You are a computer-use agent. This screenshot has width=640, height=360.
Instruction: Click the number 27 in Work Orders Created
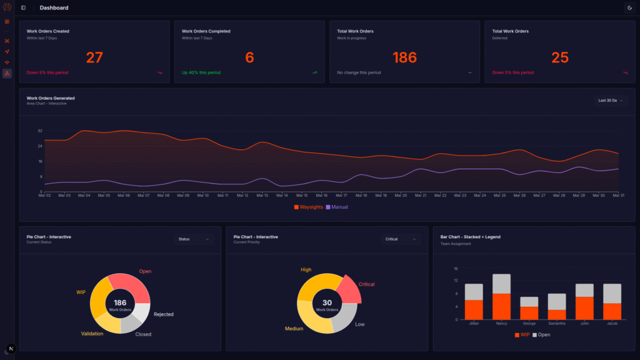coord(94,57)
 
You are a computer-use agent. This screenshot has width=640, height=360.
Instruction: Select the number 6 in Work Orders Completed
coord(249,57)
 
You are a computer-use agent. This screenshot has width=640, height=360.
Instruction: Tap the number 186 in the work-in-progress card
coord(404,57)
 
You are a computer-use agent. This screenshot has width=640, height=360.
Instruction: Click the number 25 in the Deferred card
coord(560,57)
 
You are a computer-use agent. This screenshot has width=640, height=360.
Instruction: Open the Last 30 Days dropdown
coord(611,100)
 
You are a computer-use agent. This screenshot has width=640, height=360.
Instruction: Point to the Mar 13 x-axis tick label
coord(262,196)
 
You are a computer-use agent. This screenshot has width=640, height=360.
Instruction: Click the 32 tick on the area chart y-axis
coord(40,131)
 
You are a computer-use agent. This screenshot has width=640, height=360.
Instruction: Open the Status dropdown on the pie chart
coord(194,239)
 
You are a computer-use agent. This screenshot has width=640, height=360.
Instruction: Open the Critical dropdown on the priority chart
coord(401,239)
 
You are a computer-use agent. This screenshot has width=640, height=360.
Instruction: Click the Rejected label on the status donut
coord(164,314)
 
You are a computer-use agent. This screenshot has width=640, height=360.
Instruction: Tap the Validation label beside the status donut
coord(92,334)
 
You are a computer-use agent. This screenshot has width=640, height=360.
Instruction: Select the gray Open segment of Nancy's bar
coord(501,284)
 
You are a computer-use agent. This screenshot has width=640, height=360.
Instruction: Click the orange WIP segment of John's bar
coord(583,308)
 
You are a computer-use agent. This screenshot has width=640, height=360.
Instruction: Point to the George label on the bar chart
coord(529,324)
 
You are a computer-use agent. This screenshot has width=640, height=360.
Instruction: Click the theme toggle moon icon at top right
coord(629,7)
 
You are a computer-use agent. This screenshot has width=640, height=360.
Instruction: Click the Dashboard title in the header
coord(54,7)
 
